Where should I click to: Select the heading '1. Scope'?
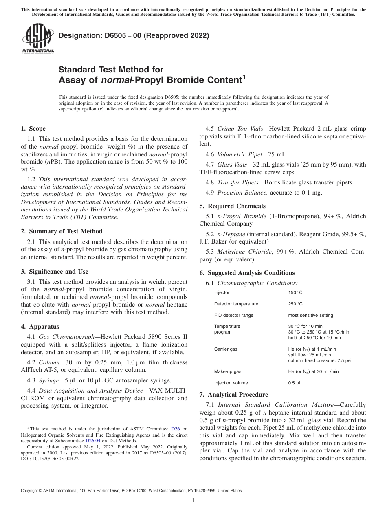(x=33, y=129)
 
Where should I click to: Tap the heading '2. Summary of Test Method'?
(x=62, y=231)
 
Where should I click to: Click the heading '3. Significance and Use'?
(x=55, y=272)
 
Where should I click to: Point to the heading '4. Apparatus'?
(x=40, y=327)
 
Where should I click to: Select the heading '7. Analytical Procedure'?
(x=233, y=395)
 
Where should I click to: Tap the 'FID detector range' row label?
(x=233, y=315)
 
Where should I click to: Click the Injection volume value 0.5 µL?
(x=295, y=383)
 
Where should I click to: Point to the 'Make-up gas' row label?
(x=228, y=371)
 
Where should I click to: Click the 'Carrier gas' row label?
(x=226, y=349)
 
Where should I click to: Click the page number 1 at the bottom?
(x=193, y=500)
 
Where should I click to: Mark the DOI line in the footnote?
(x=51, y=459)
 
